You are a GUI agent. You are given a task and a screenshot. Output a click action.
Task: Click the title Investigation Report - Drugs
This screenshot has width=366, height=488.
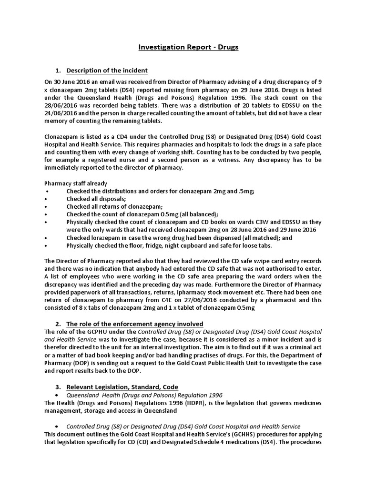coord(188,47)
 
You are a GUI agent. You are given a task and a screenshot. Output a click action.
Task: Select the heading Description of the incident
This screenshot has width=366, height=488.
coord(103,71)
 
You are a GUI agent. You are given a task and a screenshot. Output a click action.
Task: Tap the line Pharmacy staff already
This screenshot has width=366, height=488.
coord(75,183)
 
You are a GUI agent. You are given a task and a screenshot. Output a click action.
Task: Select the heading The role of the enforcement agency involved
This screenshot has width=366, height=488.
coord(135,324)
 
